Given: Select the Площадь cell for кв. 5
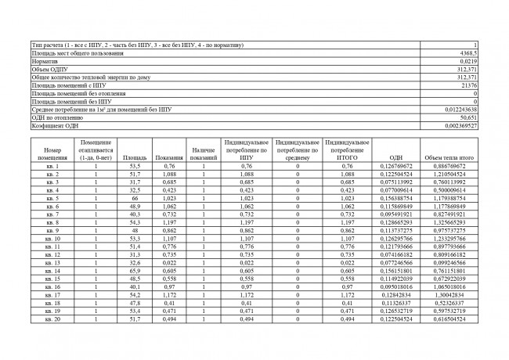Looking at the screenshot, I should (134, 198).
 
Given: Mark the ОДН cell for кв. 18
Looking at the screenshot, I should (395, 303).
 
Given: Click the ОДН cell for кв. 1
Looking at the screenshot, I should (395, 166).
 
